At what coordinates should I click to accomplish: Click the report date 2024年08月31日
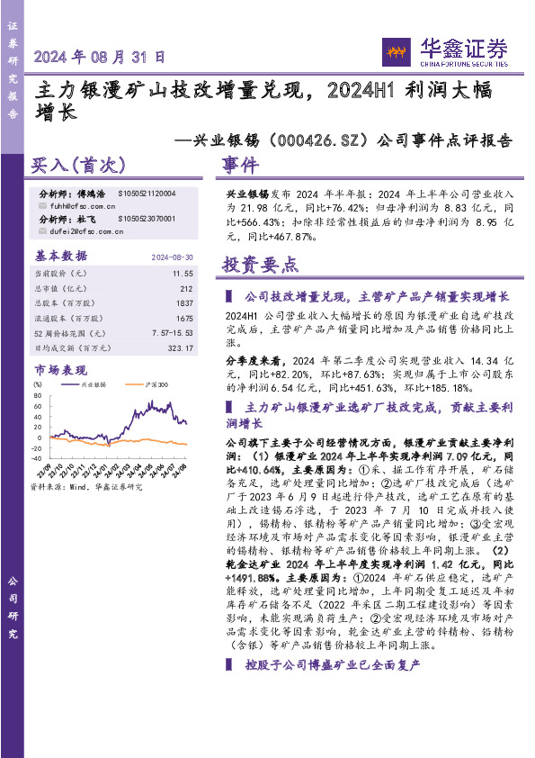click(x=100, y=56)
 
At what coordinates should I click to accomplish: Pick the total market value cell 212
click(x=187, y=288)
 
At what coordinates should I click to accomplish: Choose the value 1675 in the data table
click(x=184, y=318)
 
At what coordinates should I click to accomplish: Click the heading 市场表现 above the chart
click(x=60, y=370)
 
